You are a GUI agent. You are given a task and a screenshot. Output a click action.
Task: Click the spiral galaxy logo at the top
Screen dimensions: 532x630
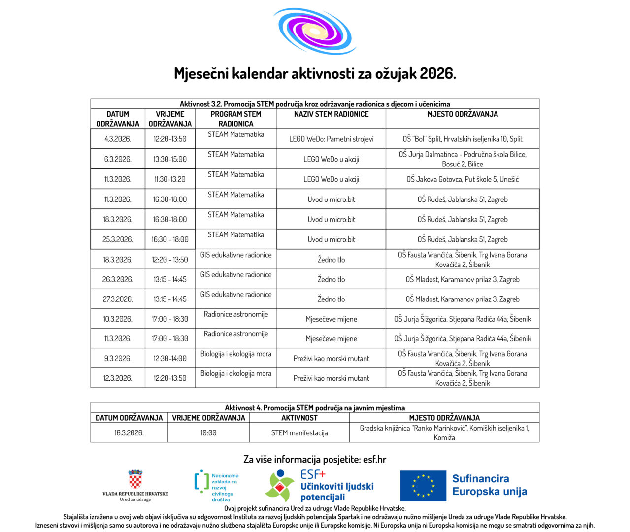tap(315, 31)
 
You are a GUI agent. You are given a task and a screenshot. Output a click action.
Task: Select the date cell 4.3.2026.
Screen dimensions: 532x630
tap(118, 139)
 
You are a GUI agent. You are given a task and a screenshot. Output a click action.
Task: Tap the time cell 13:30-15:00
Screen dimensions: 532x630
tap(170, 159)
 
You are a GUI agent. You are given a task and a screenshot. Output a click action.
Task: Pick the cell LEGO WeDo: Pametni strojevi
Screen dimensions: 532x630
tap(331, 139)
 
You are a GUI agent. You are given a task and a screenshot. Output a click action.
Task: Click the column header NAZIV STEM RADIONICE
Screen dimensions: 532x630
tap(331, 114)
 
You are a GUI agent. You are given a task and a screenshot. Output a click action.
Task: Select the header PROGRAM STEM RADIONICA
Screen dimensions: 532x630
tap(236, 119)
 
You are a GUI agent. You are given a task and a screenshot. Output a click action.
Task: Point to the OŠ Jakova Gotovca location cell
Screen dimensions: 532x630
tap(463, 179)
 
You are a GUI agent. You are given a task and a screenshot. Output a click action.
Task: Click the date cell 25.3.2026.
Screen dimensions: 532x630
tap(118, 239)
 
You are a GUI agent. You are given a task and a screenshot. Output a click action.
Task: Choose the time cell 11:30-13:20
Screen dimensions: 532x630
tap(170, 179)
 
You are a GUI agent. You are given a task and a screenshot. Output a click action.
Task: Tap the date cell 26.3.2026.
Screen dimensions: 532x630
tap(118, 279)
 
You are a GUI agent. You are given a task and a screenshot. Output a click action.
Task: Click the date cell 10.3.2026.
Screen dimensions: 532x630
tap(118, 319)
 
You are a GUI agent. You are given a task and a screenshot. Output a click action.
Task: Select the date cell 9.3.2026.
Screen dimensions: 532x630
tap(118, 358)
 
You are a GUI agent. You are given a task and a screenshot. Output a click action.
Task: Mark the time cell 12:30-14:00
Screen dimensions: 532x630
tap(170, 358)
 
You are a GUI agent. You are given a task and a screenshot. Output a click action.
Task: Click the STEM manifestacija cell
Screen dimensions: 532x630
tap(299, 432)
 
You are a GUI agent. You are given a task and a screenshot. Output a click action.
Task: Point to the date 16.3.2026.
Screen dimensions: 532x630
tap(129, 432)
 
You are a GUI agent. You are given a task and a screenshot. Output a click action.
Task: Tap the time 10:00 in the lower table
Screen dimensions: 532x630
tap(208, 432)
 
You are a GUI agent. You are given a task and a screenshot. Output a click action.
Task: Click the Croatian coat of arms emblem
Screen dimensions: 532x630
tap(135, 479)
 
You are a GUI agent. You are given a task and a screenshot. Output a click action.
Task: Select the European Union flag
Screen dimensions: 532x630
tap(423, 485)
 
